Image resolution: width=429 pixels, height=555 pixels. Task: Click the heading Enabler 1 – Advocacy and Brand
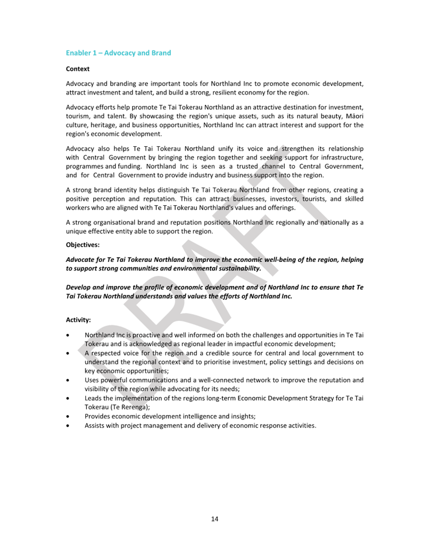tap(118, 53)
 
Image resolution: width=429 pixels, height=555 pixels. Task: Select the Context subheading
tap(78, 69)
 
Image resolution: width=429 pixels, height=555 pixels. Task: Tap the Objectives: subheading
tap(82, 245)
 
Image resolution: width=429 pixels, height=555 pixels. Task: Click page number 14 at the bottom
tap(214, 519)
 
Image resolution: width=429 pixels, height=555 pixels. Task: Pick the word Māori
tap(352, 116)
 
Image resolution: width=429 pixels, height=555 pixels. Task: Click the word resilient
tap(226, 93)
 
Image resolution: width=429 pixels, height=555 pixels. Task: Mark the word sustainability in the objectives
tap(237, 269)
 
